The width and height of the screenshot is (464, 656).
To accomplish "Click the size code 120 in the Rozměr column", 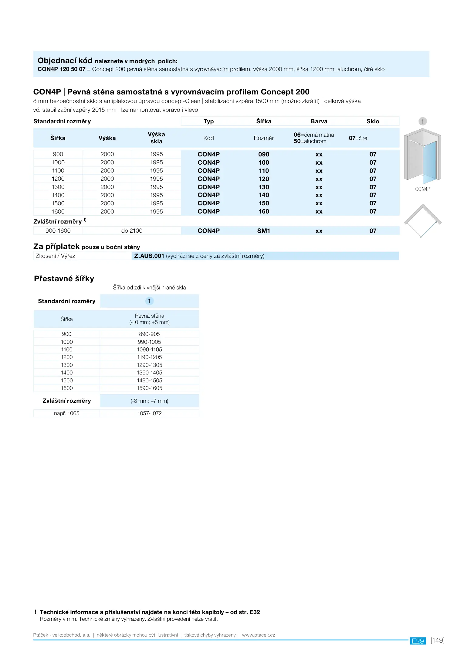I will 264,179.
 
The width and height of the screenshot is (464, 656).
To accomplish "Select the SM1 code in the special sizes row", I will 263,231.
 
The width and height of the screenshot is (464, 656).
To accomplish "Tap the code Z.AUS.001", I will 149,256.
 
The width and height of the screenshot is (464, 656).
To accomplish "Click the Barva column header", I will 319,121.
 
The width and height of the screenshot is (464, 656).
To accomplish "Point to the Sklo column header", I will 373,121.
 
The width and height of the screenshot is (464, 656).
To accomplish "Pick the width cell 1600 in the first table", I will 58,212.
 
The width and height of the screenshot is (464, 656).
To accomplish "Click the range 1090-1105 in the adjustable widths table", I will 149,350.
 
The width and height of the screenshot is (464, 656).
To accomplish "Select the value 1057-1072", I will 149,413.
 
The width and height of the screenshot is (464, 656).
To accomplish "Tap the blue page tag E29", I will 418,641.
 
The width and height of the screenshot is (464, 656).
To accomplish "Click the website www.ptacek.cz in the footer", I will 258,635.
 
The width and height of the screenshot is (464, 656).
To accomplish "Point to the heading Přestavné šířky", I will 64,279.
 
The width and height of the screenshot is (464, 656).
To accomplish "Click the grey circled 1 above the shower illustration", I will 422,121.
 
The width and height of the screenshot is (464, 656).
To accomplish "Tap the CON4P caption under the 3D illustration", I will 422,189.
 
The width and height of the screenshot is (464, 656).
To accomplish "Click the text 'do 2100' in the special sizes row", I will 132,231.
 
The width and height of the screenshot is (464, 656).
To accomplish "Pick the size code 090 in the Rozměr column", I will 264,154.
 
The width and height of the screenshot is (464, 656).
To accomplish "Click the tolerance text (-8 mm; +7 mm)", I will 149,401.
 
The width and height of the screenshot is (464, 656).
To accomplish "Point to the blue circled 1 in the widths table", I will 149,301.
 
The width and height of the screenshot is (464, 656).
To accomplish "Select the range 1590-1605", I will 149,388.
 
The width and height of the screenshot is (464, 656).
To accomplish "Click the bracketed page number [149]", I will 437,641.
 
